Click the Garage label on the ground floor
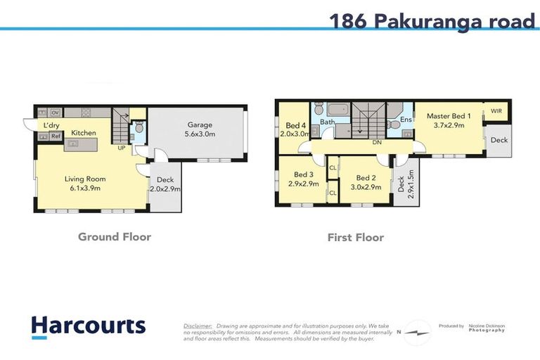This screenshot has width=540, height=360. click(x=199, y=124)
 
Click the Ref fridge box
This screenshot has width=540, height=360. click(x=55, y=136)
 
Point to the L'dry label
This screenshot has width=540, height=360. click(x=51, y=126)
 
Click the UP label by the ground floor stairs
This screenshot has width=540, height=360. click(x=121, y=148)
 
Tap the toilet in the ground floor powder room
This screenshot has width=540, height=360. click(x=139, y=129)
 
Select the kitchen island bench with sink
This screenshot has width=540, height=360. click(x=83, y=143)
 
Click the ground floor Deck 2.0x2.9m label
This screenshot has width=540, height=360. click(x=165, y=185)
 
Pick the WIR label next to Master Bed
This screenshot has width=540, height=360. click(x=496, y=111)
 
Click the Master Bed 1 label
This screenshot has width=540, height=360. click(x=449, y=115)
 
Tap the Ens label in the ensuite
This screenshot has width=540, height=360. click(x=406, y=120)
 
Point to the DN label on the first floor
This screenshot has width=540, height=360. click(x=377, y=142)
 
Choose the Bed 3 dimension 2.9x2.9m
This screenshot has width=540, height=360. click(x=303, y=184)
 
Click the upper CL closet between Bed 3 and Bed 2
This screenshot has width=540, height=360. click(x=332, y=167)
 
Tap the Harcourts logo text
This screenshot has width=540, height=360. click(x=88, y=326)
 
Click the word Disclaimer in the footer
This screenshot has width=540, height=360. click(x=198, y=326)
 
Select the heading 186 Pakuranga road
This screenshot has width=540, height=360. click(x=432, y=21)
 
